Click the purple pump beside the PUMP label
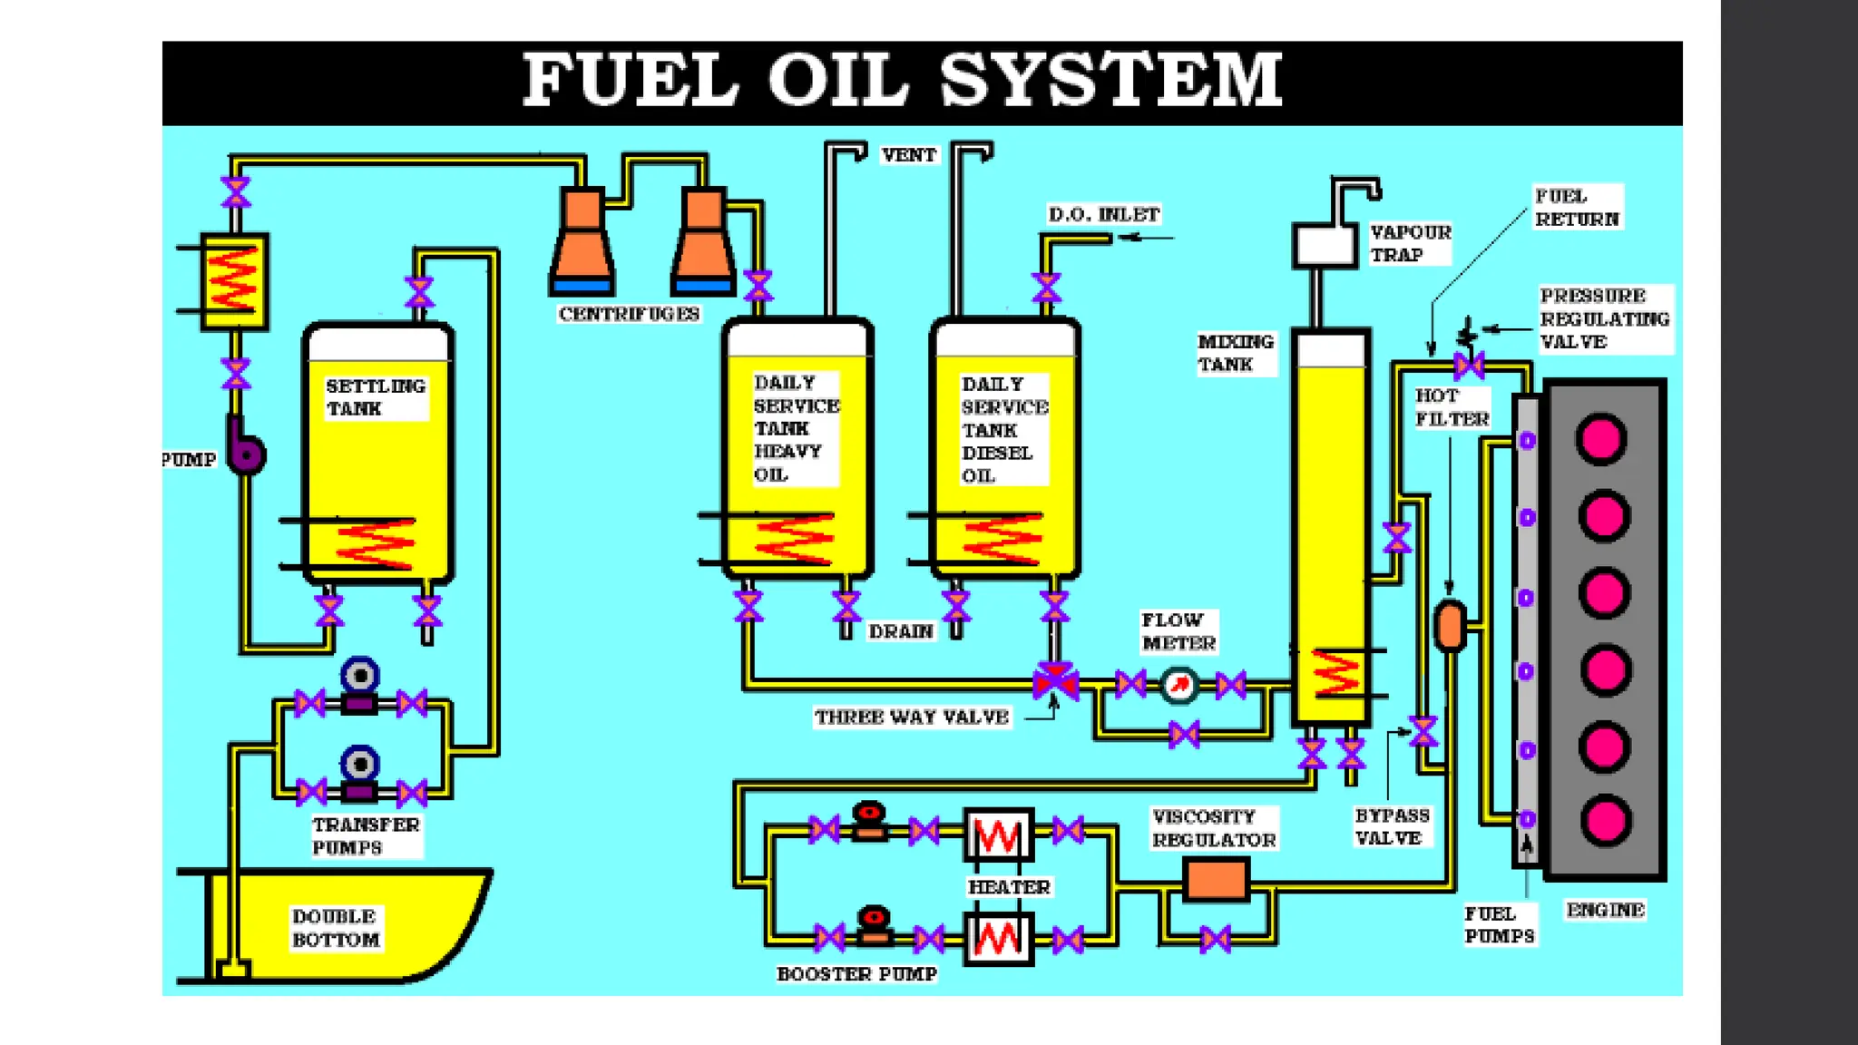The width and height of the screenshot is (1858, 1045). (x=245, y=448)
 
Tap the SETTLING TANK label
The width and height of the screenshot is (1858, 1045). (x=375, y=397)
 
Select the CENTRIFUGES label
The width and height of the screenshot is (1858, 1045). (x=629, y=314)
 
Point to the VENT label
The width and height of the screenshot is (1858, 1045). (x=908, y=155)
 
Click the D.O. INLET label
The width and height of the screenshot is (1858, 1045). (x=1103, y=215)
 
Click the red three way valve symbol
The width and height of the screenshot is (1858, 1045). (x=1055, y=681)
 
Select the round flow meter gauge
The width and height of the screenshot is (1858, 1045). (x=1178, y=685)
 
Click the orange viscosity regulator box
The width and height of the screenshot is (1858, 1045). (x=1216, y=879)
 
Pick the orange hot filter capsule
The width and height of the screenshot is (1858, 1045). (x=1450, y=625)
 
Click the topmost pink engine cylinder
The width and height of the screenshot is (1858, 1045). (x=1601, y=439)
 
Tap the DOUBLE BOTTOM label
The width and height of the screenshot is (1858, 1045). (x=335, y=928)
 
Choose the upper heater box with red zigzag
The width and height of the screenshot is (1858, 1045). (x=998, y=835)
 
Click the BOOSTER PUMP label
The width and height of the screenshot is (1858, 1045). (x=856, y=974)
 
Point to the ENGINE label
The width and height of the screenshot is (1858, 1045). (x=1605, y=910)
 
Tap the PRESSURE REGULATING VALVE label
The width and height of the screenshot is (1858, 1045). (x=1604, y=318)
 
